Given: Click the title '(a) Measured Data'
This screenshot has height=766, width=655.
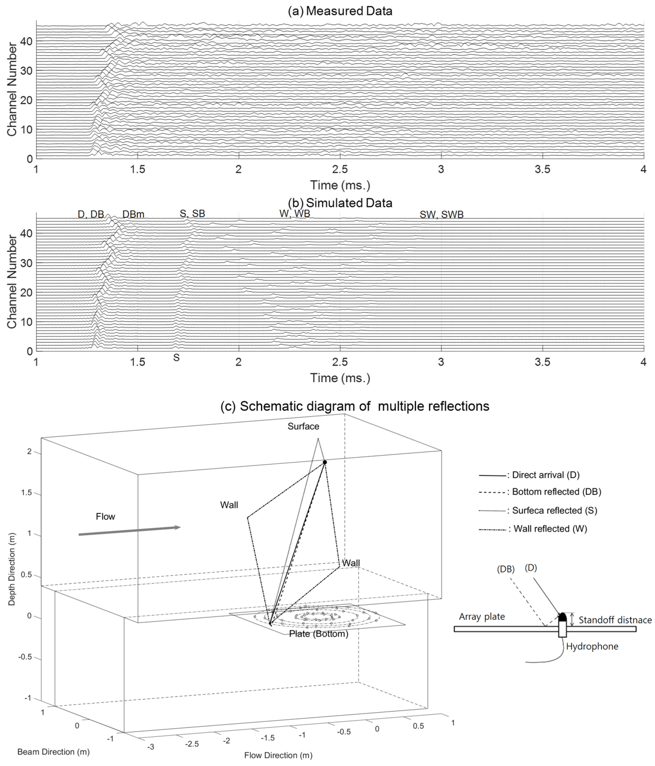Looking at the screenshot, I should tap(340, 11).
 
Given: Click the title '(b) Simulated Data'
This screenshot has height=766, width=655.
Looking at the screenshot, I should tap(340, 203).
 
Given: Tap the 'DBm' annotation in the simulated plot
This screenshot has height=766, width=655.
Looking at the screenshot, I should tap(133, 214).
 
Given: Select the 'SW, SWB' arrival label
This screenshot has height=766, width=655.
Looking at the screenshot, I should tap(441, 215).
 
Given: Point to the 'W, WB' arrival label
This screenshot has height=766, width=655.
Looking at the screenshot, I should tap(295, 214).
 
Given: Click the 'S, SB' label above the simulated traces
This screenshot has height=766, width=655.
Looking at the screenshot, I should tap(192, 214).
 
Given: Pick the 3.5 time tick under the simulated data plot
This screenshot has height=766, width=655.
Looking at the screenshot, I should tap(542, 362).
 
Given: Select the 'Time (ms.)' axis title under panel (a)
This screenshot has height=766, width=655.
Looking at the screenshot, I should tap(340, 185).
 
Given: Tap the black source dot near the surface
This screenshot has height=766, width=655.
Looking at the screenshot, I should tap(325, 462).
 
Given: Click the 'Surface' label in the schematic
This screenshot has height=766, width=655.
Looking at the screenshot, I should tap(304, 426).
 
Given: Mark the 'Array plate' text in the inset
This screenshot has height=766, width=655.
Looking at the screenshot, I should tap(482, 617).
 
